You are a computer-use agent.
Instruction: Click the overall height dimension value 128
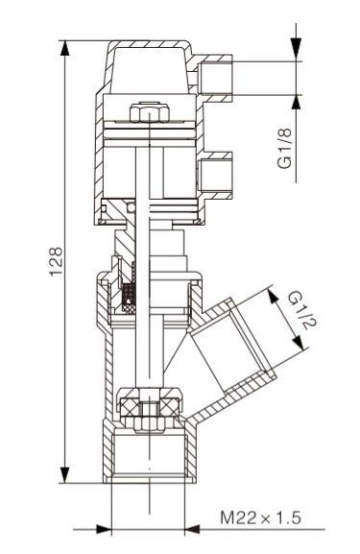[x=55, y=260]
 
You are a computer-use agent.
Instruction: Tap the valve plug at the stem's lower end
[x=147, y=410]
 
